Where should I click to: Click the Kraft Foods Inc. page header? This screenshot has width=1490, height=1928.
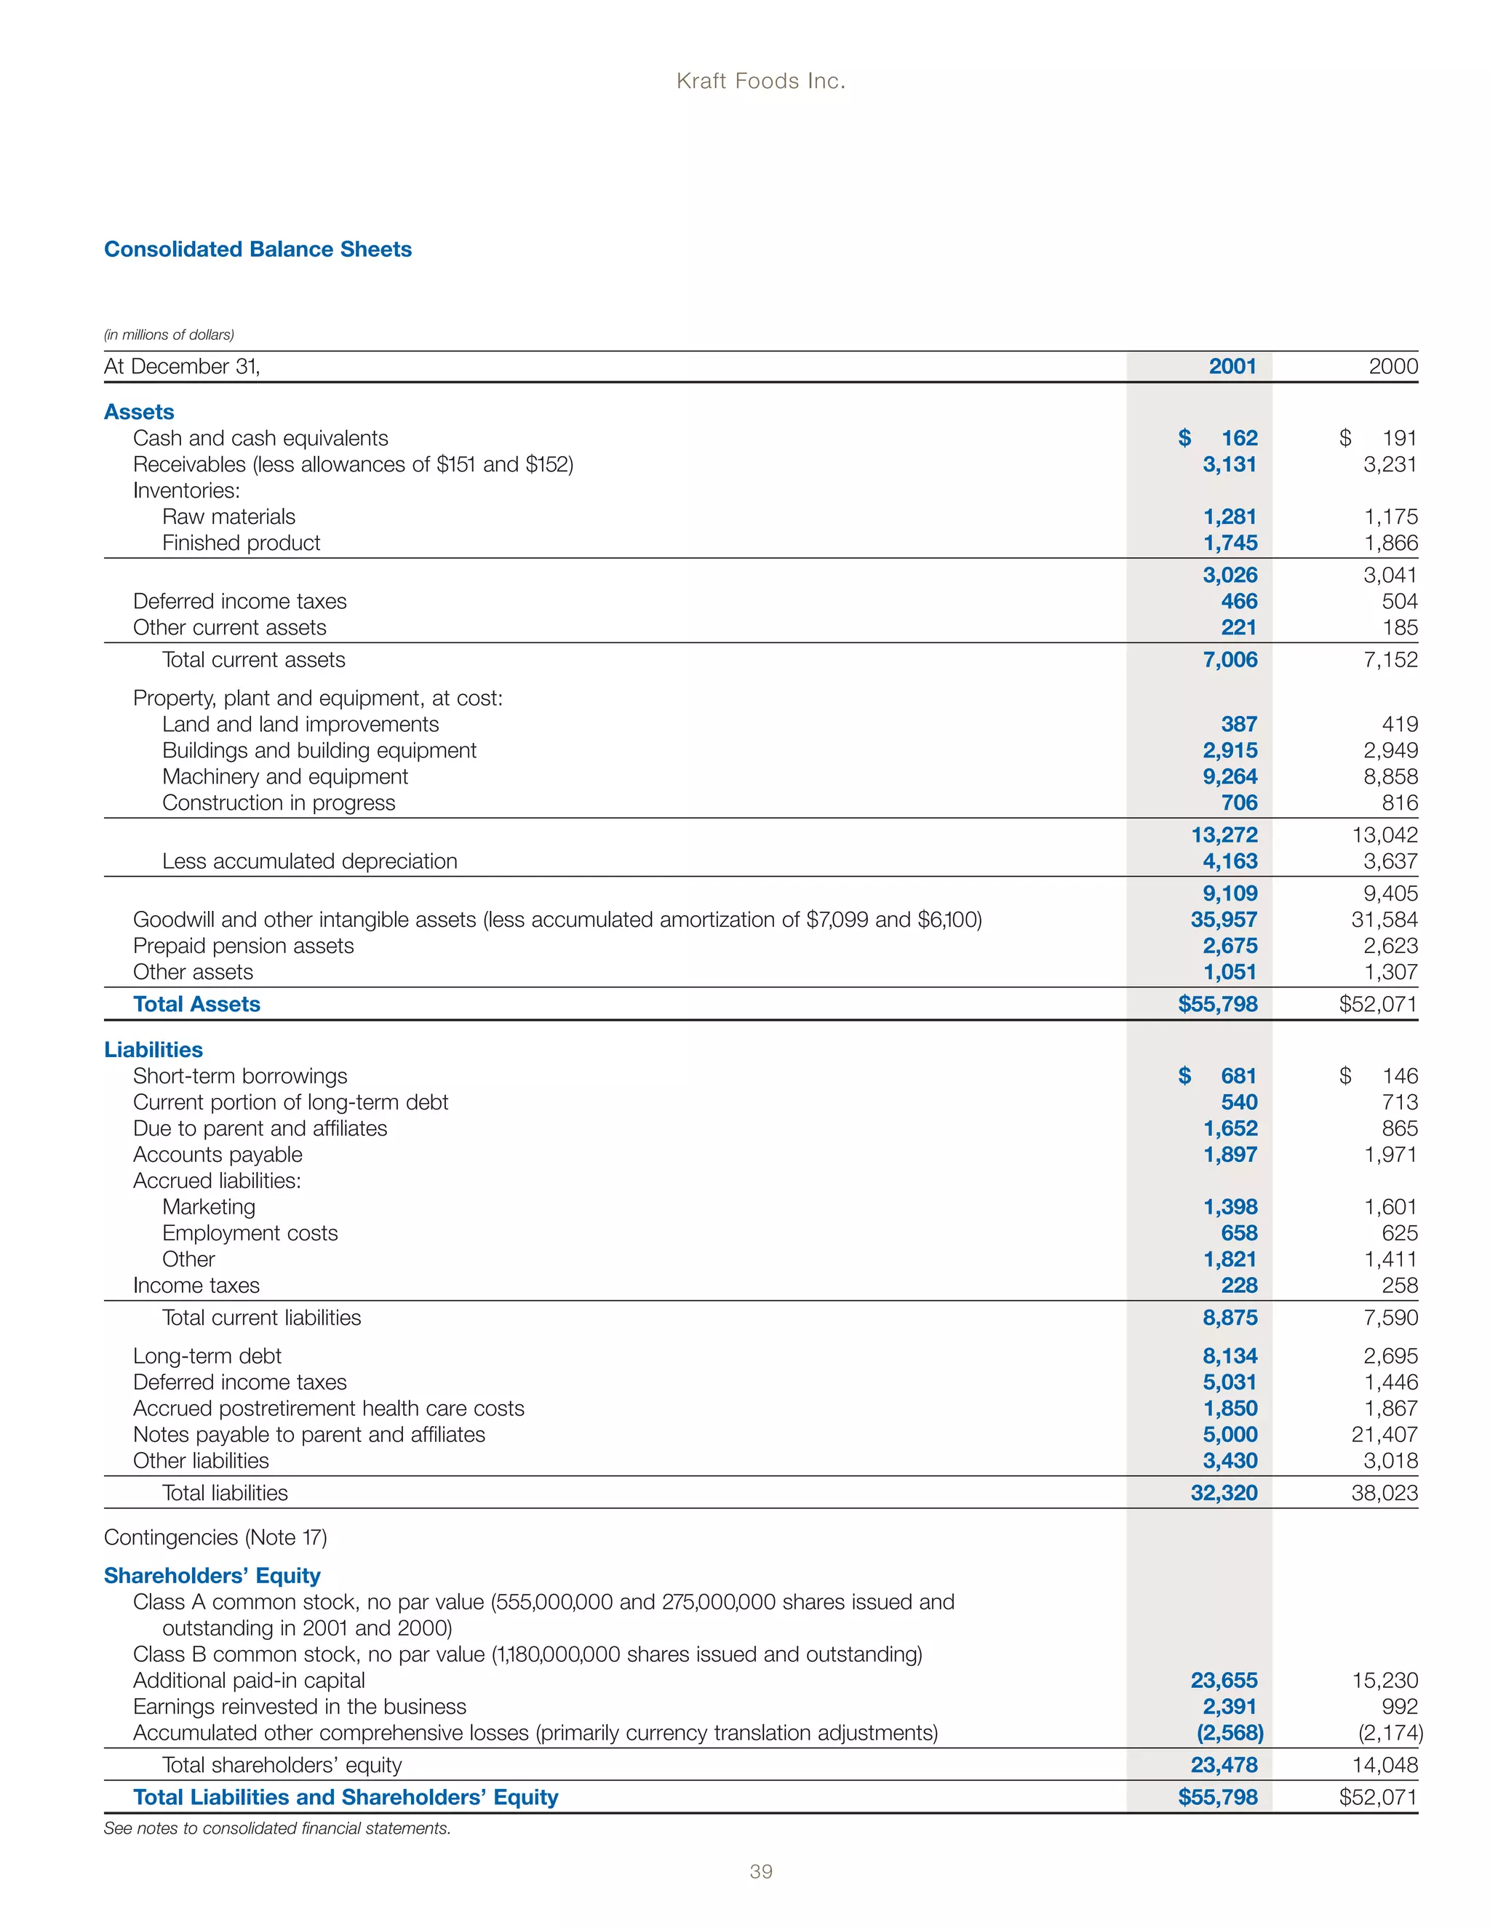click(x=760, y=81)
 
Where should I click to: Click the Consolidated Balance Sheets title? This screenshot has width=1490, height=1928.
click(x=258, y=249)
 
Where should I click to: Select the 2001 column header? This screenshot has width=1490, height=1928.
click(x=1232, y=367)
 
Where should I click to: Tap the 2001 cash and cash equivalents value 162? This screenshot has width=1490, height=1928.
click(x=1238, y=438)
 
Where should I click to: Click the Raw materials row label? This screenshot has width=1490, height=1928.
click(x=228, y=517)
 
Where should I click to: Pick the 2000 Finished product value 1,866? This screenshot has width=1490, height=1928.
click(x=1390, y=543)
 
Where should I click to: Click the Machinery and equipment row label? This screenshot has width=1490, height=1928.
click(x=285, y=776)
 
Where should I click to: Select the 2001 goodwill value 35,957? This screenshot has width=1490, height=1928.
click(x=1224, y=919)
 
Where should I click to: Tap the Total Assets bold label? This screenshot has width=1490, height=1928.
click(x=197, y=1004)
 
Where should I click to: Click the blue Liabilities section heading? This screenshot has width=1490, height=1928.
click(x=154, y=1050)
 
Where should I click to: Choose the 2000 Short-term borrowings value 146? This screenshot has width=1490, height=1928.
click(x=1399, y=1075)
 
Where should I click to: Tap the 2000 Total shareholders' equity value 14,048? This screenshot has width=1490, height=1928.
click(x=1384, y=1765)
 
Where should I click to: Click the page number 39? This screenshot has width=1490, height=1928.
click(x=760, y=1871)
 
